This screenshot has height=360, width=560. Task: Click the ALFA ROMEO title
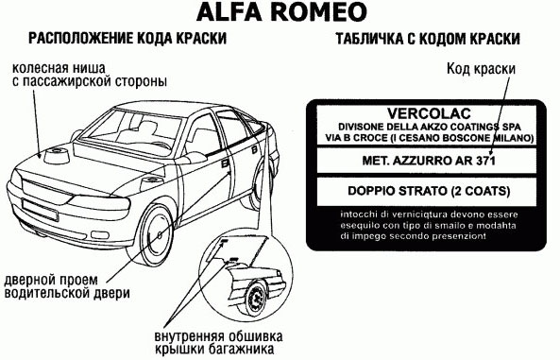pos(281,11)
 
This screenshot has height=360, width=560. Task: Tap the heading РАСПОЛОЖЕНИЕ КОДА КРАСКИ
pos(127,38)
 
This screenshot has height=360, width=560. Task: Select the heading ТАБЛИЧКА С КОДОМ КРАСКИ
pos(428,39)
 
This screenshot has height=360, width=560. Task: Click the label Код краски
pos(481,69)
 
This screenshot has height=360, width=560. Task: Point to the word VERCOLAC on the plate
pos(429,114)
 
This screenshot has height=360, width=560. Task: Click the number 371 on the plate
pos(485,161)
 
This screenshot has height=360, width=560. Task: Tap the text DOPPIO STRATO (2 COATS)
pos(429,191)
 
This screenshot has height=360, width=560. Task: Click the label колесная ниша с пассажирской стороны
pos(90,75)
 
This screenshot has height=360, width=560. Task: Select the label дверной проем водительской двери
pos(67,286)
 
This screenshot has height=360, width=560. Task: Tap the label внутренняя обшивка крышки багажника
pos(218,342)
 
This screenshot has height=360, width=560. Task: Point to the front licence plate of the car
pos(40,210)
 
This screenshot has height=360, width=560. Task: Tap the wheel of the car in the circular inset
pos(256,299)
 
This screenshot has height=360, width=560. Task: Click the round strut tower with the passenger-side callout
pos(57,156)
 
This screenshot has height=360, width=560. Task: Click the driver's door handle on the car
pos(226,163)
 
